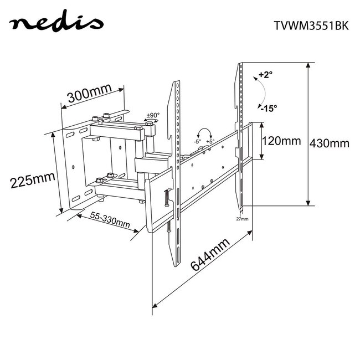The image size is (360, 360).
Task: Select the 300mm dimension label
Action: pos(89,95)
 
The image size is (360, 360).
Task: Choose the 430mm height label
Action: pos(330,142)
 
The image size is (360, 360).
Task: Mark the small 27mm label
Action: pos(242,220)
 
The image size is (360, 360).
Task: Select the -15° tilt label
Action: pos(269,107)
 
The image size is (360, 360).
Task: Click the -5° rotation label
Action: pos(197,141)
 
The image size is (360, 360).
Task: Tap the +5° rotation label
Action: pos(211,141)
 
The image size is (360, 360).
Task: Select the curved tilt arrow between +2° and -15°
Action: pos(256,91)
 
